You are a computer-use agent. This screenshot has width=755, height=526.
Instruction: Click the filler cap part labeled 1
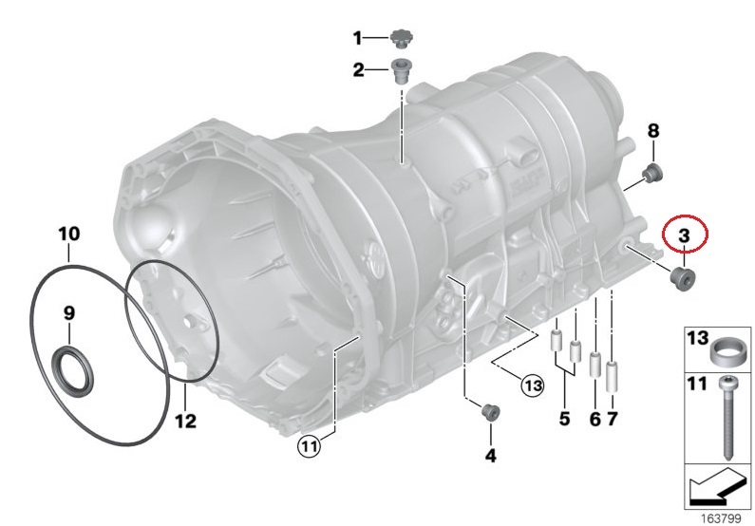point(400,39)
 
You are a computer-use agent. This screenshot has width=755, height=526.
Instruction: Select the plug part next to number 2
point(399,71)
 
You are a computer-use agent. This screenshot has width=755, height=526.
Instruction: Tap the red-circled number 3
point(684,235)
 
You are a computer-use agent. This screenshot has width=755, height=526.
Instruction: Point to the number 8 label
point(653,130)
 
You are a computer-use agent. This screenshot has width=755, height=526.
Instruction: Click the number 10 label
point(69,234)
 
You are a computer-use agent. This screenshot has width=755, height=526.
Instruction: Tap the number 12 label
point(186,422)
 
